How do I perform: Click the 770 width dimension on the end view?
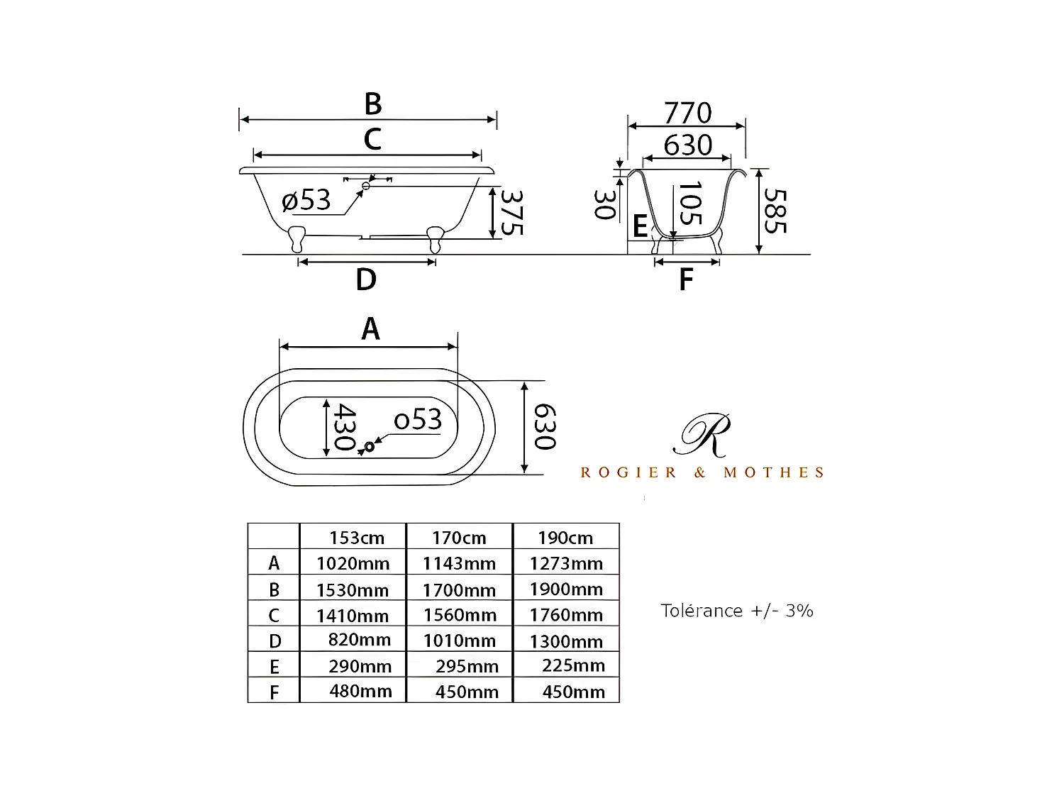coord(687,113)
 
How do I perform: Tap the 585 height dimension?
coord(775,211)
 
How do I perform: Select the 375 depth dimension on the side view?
coord(512,213)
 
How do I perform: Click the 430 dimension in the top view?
coord(345,427)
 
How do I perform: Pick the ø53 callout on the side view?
coord(306,199)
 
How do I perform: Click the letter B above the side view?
coord(373,104)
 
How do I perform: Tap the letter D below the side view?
coord(366,279)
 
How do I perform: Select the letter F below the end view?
coord(686,279)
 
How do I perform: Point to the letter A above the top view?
coord(371,328)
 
